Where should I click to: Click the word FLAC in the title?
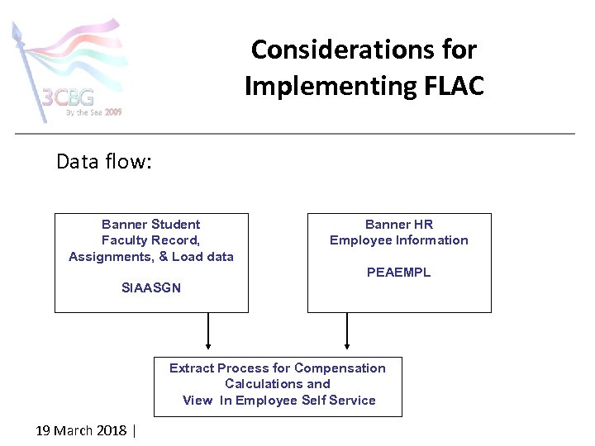[x=450, y=85]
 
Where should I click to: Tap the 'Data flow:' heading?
[x=103, y=161]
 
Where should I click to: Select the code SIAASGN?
[x=151, y=288]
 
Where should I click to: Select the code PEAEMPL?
[x=398, y=273]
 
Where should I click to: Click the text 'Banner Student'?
[x=151, y=225]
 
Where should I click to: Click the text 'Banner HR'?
[x=398, y=225]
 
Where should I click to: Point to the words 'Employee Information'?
[x=398, y=240]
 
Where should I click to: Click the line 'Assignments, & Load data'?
[x=151, y=257]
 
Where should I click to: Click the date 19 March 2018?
[x=81, y=430]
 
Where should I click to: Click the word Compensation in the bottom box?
[x=340, y=368]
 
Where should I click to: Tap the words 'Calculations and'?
[x=278, y=384]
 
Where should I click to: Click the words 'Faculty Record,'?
[x=151, y=240]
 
